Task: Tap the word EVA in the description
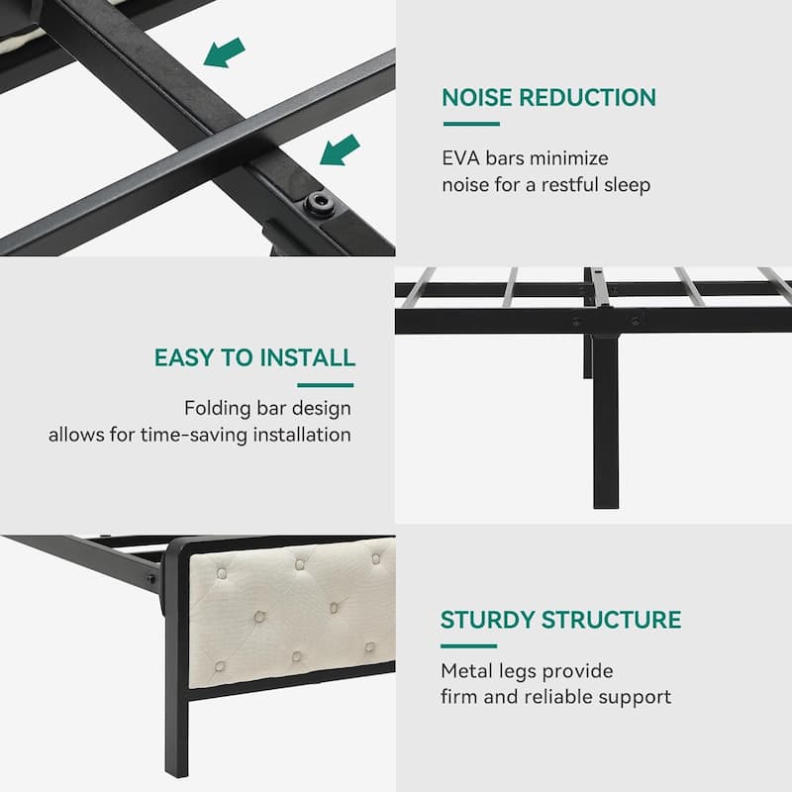tap(460, 158)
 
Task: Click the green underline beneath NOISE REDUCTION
tap(470, 124)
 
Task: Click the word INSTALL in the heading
tap(308, 358)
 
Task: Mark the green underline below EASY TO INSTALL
tap(326, 385)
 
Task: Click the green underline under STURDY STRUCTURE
tap(468, 645)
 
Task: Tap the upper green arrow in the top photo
tap(226, 51)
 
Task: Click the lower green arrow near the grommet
tap(340, 149)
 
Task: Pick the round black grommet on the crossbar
tap(319, 203)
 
